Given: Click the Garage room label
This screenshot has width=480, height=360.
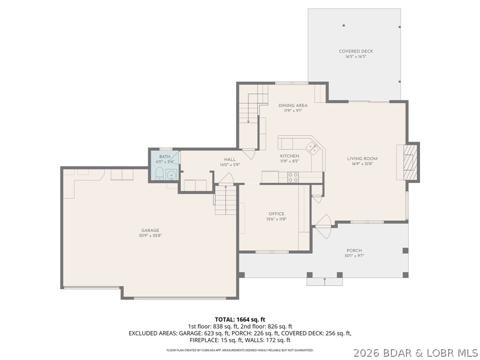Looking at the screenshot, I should (x=150, y=230).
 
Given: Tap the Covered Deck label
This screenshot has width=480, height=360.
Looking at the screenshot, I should (x=356, y=51).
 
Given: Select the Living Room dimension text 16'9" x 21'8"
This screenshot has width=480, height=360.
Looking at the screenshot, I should (x=362, y=164).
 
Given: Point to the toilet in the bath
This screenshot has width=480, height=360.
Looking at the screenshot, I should (x=158, y=174).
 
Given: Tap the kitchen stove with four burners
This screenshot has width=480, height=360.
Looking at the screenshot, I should (x=292, y=177).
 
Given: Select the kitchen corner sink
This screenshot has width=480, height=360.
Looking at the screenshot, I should (x=313, y=148).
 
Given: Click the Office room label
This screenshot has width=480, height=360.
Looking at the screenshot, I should (x=276, y=214).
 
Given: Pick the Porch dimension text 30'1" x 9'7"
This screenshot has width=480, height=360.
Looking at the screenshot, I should (x=354, y=256).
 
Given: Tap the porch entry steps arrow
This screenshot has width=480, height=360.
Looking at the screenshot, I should (x=324, y=280).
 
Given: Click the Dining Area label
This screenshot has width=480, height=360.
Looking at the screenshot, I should (x=292, y=105).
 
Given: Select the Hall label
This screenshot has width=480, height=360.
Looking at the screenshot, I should (x=230, y=159).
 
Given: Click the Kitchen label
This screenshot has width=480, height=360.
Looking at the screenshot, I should (x=289, y=156).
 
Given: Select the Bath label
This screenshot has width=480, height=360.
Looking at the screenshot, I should (x=165, y=157).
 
